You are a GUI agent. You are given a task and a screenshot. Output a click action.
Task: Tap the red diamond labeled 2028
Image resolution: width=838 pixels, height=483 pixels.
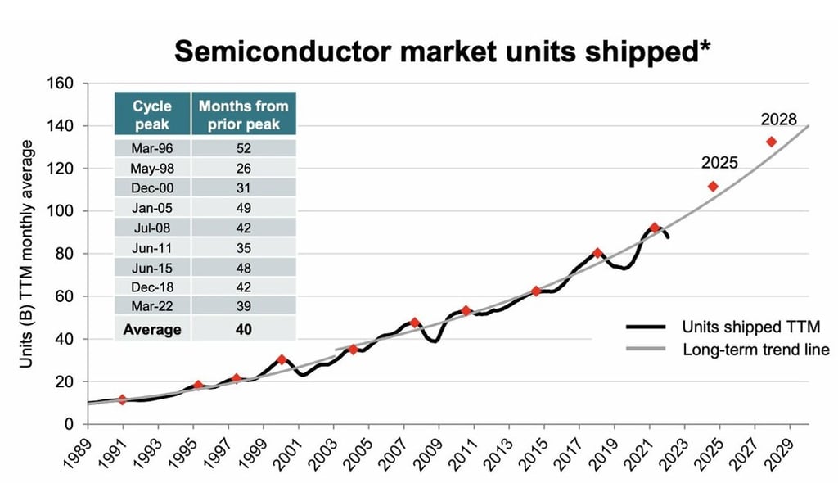(x=771, y=142)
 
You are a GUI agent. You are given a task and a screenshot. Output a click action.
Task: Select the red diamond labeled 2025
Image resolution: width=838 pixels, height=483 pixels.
(x=713, y=187)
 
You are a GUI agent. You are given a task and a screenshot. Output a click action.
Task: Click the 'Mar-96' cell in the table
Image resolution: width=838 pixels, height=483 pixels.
(x=152, y=148)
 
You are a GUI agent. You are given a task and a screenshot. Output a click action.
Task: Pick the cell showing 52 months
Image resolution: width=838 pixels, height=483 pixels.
(x=243, y=148)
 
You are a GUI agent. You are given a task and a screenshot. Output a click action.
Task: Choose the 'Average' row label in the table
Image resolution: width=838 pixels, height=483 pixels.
(x=152, y=330)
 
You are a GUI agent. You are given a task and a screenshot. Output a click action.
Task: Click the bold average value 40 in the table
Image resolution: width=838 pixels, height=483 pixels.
(x=243, y=330)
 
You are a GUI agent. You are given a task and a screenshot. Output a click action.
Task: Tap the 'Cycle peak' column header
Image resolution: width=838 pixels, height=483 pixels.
(x=152, y=115)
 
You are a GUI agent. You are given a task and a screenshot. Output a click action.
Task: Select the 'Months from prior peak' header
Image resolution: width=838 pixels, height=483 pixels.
(x=243, y=115)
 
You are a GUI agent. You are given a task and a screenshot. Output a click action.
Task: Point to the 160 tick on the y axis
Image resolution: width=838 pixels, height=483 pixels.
(x=65, y=84)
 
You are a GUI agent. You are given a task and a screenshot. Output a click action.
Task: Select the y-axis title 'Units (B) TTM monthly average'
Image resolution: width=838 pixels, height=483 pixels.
(x=27, y=254)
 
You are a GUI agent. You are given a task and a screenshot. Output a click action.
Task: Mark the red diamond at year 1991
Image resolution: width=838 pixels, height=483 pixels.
(x=123, y=399)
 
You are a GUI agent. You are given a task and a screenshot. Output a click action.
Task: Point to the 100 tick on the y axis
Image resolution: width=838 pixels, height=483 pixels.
(x=65, y=211)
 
